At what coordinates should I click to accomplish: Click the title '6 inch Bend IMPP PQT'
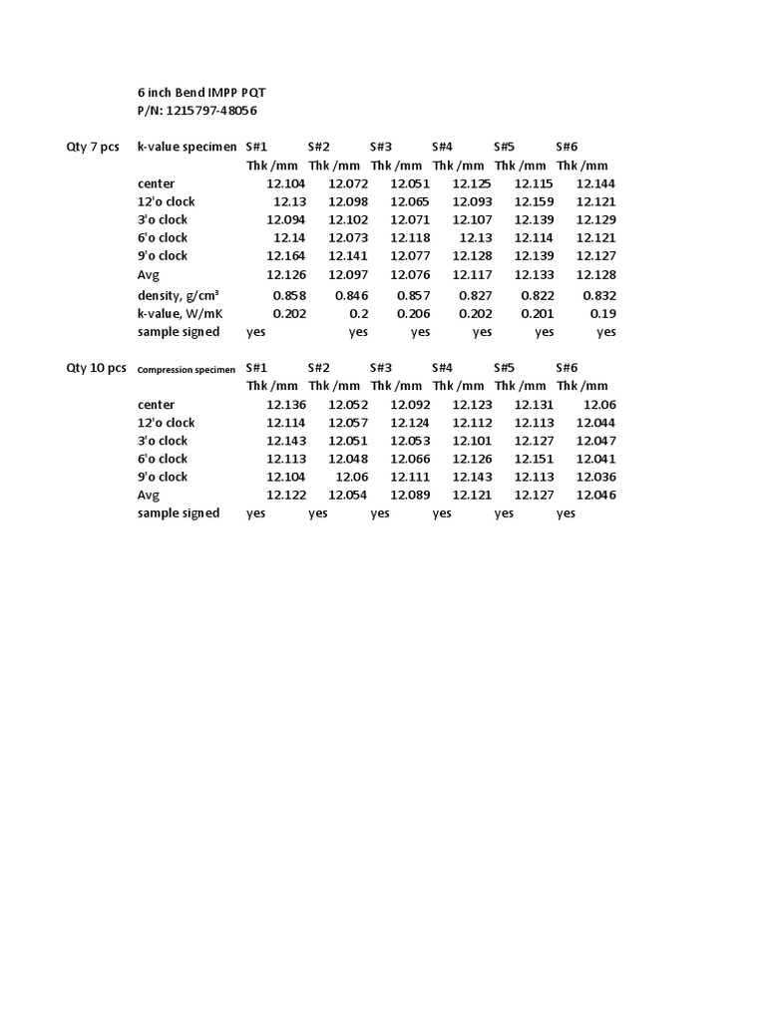point(201,92)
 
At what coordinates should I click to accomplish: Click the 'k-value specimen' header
point(187,147)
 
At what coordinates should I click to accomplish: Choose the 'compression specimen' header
point(187,369)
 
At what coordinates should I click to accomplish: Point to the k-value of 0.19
point(604,313)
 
